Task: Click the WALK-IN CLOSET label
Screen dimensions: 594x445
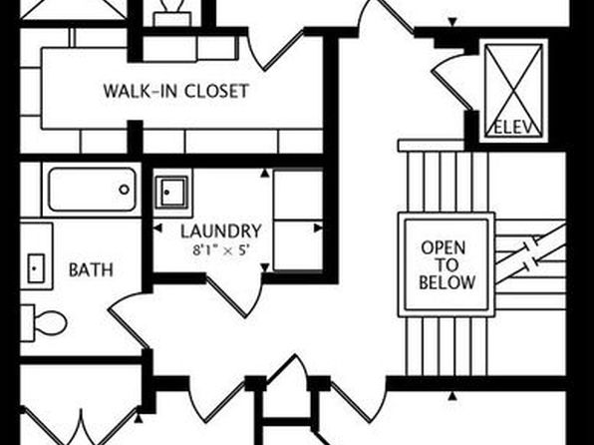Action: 176,91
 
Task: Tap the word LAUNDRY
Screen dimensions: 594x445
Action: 221,231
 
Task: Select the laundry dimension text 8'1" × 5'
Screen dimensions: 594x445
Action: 221,250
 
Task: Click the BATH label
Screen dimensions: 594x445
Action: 91,269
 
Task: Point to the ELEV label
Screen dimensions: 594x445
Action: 514,129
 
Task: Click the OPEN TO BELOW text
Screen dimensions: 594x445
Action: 446,265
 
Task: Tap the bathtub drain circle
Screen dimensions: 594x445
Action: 125,190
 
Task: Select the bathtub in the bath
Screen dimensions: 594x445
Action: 92,190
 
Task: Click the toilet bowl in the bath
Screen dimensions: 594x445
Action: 50,323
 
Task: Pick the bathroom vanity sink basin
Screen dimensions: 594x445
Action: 36,268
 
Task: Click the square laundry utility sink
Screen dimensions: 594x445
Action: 172,192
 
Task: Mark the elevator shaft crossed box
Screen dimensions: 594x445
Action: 513,90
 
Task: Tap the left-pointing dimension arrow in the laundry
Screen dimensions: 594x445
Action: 157,228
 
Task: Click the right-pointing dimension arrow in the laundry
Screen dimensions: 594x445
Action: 319,228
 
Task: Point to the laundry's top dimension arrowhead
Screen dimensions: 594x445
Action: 265,173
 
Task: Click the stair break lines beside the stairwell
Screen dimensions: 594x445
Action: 531,253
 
